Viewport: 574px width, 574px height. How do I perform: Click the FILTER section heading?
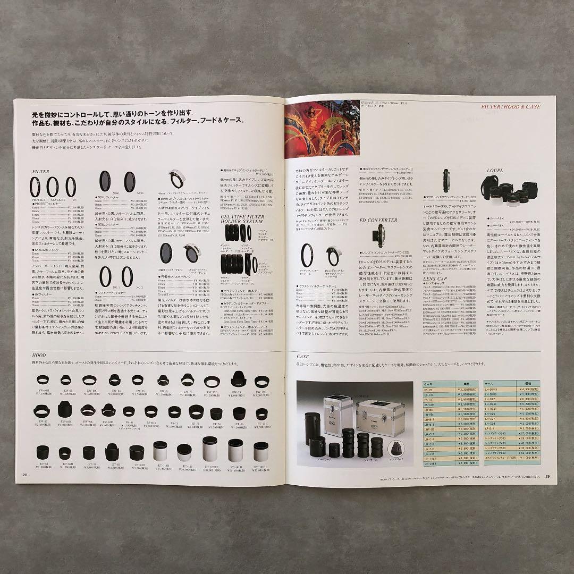tap(41, 172)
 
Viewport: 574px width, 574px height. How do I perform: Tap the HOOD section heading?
tap(39, 357)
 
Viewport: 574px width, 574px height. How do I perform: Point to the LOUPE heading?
tap(494, 171)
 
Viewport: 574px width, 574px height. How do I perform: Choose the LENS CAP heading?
tap(435, 278)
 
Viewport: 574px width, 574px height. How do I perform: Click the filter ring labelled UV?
tap(71, 188)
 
